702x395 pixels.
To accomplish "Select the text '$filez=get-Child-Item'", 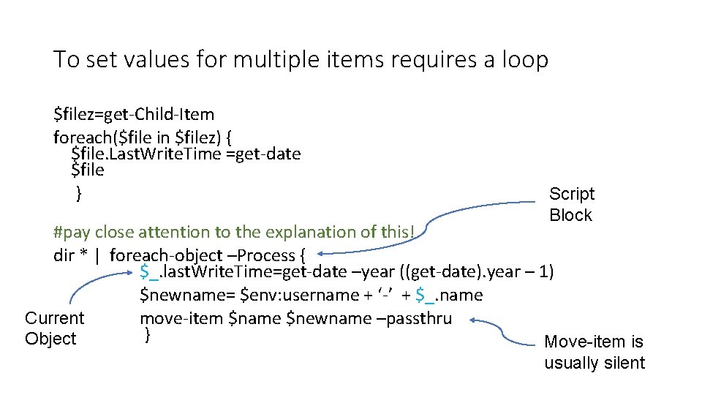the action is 134,114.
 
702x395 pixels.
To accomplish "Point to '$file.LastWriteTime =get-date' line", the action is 186,154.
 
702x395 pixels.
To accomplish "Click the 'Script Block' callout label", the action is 571,204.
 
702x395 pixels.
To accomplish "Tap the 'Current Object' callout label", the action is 54,328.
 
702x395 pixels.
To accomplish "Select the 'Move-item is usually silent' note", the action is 595,352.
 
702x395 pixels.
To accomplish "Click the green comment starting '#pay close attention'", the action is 234,232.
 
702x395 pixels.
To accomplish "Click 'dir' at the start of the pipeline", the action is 64,255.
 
